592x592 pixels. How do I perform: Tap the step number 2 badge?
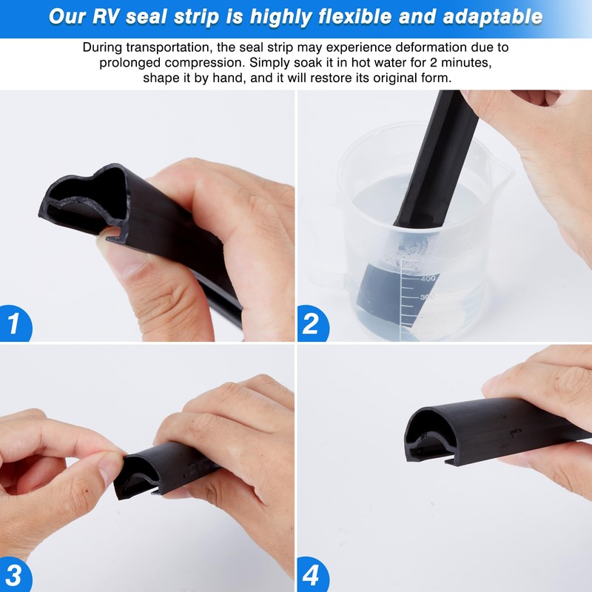click(x=312, y=324)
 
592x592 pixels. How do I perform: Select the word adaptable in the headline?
click(x=489, y=16)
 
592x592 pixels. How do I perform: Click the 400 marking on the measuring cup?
click(x=428, y=279)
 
